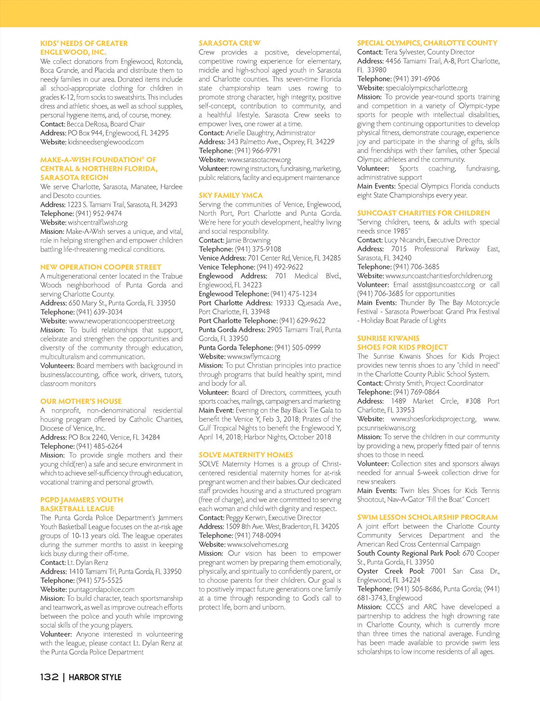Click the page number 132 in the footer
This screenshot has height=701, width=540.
click(x=49, y=677)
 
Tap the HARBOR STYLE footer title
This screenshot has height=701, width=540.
click(x=95, y=677)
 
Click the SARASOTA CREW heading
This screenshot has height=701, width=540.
click(x=229, y=43)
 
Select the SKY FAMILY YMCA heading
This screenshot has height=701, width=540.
click(x=230, y=195)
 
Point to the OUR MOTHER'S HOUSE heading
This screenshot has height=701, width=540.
click(x=81, y=401)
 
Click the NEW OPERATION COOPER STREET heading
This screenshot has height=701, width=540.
click(x=100, y=267)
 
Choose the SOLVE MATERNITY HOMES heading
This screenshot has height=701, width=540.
click(x=246, y=455)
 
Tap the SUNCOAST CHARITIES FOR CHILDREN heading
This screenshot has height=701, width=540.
click(x=423, y=213)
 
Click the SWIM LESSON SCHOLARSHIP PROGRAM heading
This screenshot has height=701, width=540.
click(x=427, y=517)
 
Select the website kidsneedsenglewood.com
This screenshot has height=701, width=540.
click(x=106, y=142)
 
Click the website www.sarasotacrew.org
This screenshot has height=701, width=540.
click(x=259, y=160)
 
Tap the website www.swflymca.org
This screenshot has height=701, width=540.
click(x=254, y=356)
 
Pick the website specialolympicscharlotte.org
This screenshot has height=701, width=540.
click(x=426, y=88)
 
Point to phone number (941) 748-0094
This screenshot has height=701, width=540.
click(x=257, y=535)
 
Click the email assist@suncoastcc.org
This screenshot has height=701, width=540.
click(x=444, y=285)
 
